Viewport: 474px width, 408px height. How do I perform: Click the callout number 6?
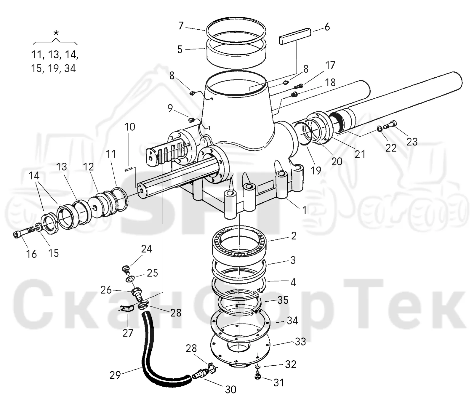coord(327,27)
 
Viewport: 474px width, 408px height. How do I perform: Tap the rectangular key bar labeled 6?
coord(295,36)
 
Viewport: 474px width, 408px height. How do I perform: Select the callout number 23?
coord(412,142)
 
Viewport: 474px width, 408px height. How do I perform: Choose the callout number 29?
coord(115,375)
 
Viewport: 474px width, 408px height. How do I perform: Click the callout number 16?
coord(31,254)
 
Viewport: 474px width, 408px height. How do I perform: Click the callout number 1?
coord(304,210)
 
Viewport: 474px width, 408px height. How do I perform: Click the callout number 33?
coord(300,342)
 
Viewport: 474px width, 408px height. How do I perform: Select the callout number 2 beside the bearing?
coord(294,236)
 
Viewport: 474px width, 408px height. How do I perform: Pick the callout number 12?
coord(88,167)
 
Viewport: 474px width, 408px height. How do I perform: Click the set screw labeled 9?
coord(192,120)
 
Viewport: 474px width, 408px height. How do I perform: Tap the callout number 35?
coord(283,300)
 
